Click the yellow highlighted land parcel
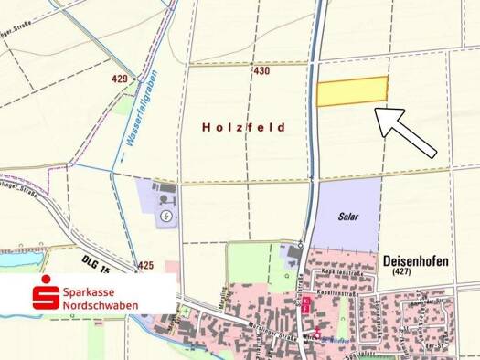click(x=352, y=90)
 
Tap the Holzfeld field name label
click(x=244, y=128)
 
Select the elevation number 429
click(x=120, y=80)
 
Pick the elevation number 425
click(x=144, y=266)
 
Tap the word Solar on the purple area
click(x=347, y=217)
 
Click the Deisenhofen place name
click(x=417, y=260)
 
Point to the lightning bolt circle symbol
click(x=165, y=216)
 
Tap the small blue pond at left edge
click(x=18, y=259)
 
